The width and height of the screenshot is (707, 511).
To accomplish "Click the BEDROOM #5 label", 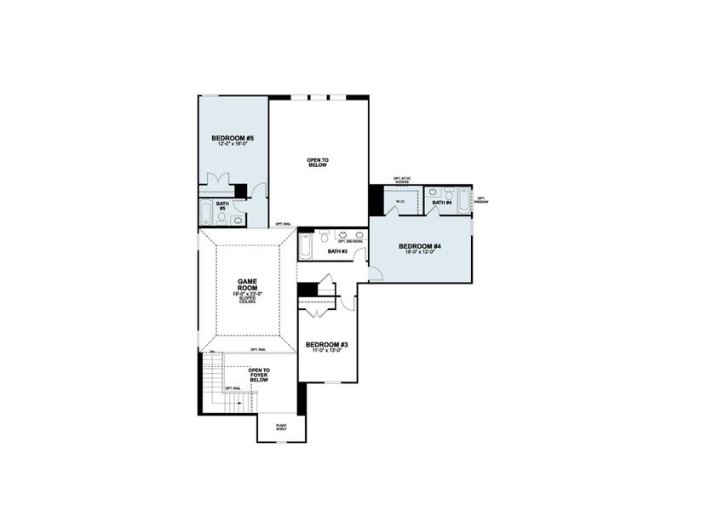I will pyautogui.click(x=233, y=137).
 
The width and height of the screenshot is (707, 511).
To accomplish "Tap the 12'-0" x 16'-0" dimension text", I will pyautogui.click(x=233, y=145).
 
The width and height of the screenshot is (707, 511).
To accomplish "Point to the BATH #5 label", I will pyautogui.click(x=222, y=205).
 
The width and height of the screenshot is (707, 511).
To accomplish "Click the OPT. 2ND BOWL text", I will pyautogui.click(x=350, y=241).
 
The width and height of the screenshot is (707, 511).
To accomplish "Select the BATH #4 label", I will pyautogui.click(x=441, y=203).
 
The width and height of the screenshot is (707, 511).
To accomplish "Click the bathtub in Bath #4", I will pyautogui.click(x=463, y=200).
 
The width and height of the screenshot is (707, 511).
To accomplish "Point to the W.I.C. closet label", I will pyautogui.click(x=399, y=203).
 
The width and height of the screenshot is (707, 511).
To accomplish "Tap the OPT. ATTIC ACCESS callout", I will pyautogui.click(x=401, y=180).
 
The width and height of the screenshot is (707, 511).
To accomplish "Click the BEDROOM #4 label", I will pyautogui.click(x=420, y=247).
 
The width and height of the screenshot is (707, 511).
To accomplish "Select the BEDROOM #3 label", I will pyautogui.click(x=326, y=344).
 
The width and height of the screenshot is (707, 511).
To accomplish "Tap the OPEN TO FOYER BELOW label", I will pyautogui.click(x=259, y=375).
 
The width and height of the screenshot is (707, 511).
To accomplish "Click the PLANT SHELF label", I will pyautogui.click(x=281, y=428).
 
